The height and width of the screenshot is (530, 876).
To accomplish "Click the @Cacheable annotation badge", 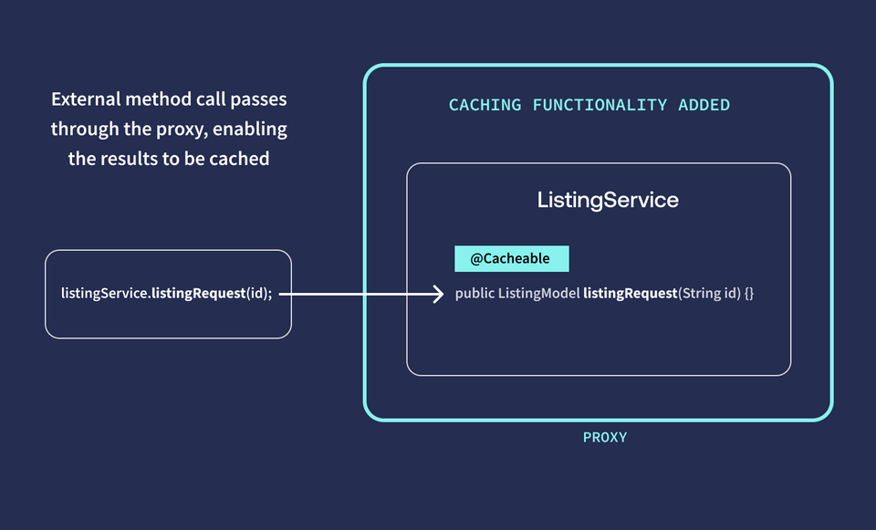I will point(511,259).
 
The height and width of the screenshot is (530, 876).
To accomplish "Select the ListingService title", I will point(608,200).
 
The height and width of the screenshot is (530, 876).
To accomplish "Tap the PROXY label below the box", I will point(605,438).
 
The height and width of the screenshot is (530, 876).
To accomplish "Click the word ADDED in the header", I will point(704,106).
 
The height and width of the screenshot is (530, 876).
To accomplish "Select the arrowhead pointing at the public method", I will point(437,295).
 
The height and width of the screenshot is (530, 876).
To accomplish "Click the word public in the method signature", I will point(474,295).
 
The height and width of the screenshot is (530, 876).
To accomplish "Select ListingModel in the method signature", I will point(538,295).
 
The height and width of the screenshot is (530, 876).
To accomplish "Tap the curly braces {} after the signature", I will point(748,295).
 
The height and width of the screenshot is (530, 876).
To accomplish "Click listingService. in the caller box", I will point(106,294).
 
